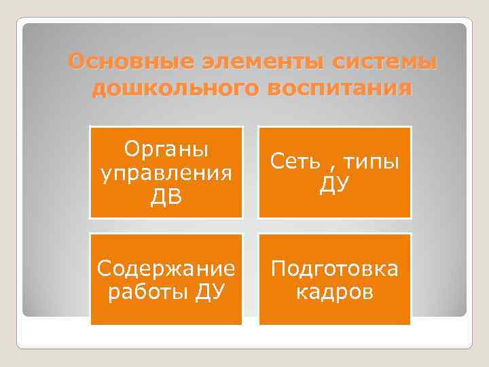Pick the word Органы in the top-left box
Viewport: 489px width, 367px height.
(166, 148)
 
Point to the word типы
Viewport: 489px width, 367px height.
(371, 162)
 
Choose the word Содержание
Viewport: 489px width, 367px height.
(166, 269)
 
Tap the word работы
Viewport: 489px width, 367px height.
(145, 293)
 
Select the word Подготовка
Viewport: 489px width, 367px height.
(334, 269)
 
